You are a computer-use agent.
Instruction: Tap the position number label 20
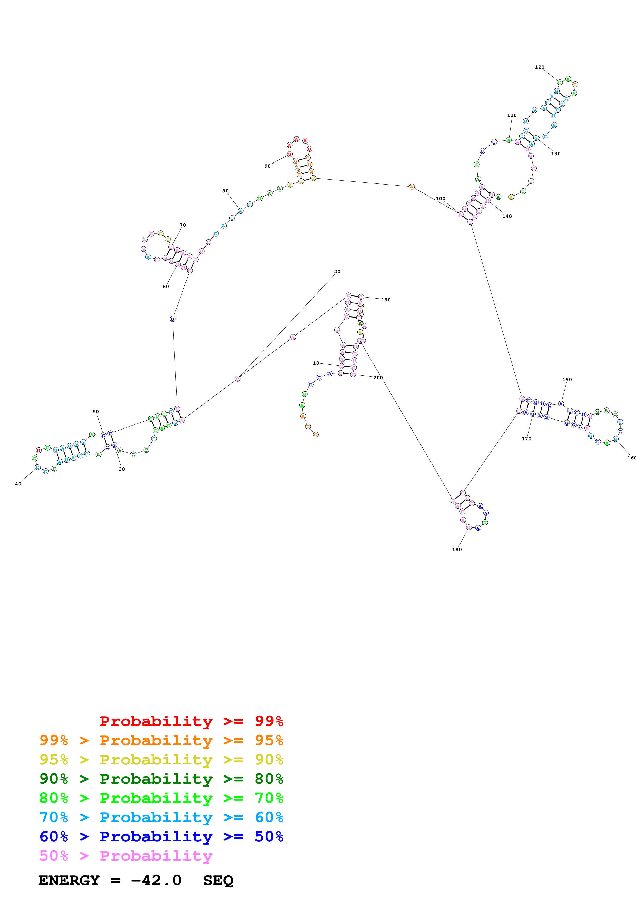(337, 271)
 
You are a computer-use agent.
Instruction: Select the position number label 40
(18, 484)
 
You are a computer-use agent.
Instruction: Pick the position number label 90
(267, 166)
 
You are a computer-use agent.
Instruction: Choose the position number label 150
(567, 380)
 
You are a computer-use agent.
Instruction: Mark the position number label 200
(378, 378)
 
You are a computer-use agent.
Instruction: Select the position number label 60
(166, 287)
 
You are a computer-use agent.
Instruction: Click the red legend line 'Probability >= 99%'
(191, 721)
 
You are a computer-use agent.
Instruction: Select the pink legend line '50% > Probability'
(125, 855)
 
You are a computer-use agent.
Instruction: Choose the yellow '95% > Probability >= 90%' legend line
(161, 760)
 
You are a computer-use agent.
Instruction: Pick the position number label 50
(96, 412)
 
